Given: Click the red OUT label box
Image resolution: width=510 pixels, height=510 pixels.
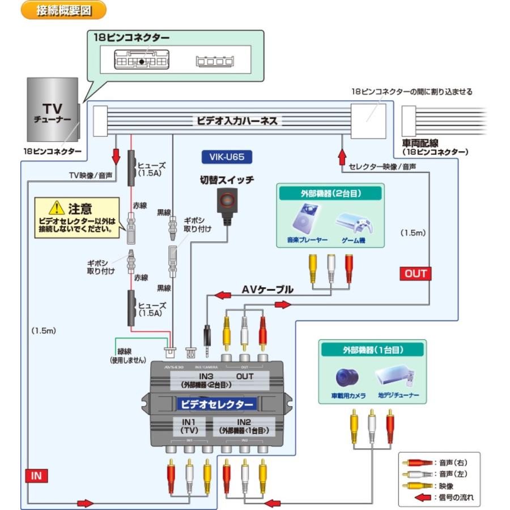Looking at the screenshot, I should coord(415,274).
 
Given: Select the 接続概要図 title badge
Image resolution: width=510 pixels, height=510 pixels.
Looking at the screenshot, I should coord(64,10).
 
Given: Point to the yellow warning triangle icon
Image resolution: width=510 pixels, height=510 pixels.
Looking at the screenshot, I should coord(56,208).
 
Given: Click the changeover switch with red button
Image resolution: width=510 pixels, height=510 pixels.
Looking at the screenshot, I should coord(226,202).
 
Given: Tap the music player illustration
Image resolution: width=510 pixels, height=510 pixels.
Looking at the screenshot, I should coord(305,223).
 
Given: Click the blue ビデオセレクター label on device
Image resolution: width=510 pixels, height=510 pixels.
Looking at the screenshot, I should coord(216,404).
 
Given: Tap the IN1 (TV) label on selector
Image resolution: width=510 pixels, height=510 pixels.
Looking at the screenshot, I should coord(188,426).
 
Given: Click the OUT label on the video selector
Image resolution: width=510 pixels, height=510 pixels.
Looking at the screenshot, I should coord(245,376).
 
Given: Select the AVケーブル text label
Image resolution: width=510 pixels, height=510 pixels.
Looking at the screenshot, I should coord(267,290).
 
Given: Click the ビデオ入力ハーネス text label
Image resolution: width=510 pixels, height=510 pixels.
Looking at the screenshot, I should coord(237,121).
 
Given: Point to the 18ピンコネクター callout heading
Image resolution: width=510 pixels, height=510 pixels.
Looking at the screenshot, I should coord(131,38).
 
